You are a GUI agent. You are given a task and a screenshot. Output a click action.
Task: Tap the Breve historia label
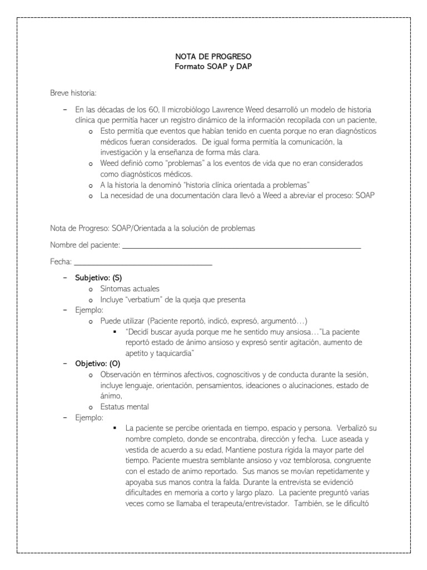coord(73,92)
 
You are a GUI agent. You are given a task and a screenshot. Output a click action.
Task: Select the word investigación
coord(122,152)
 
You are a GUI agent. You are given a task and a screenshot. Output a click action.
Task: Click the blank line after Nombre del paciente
coord(241,245)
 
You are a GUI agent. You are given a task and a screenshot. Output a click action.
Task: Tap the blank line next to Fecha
coord(143,262)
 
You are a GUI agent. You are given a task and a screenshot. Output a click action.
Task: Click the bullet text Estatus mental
coord(124,406)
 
